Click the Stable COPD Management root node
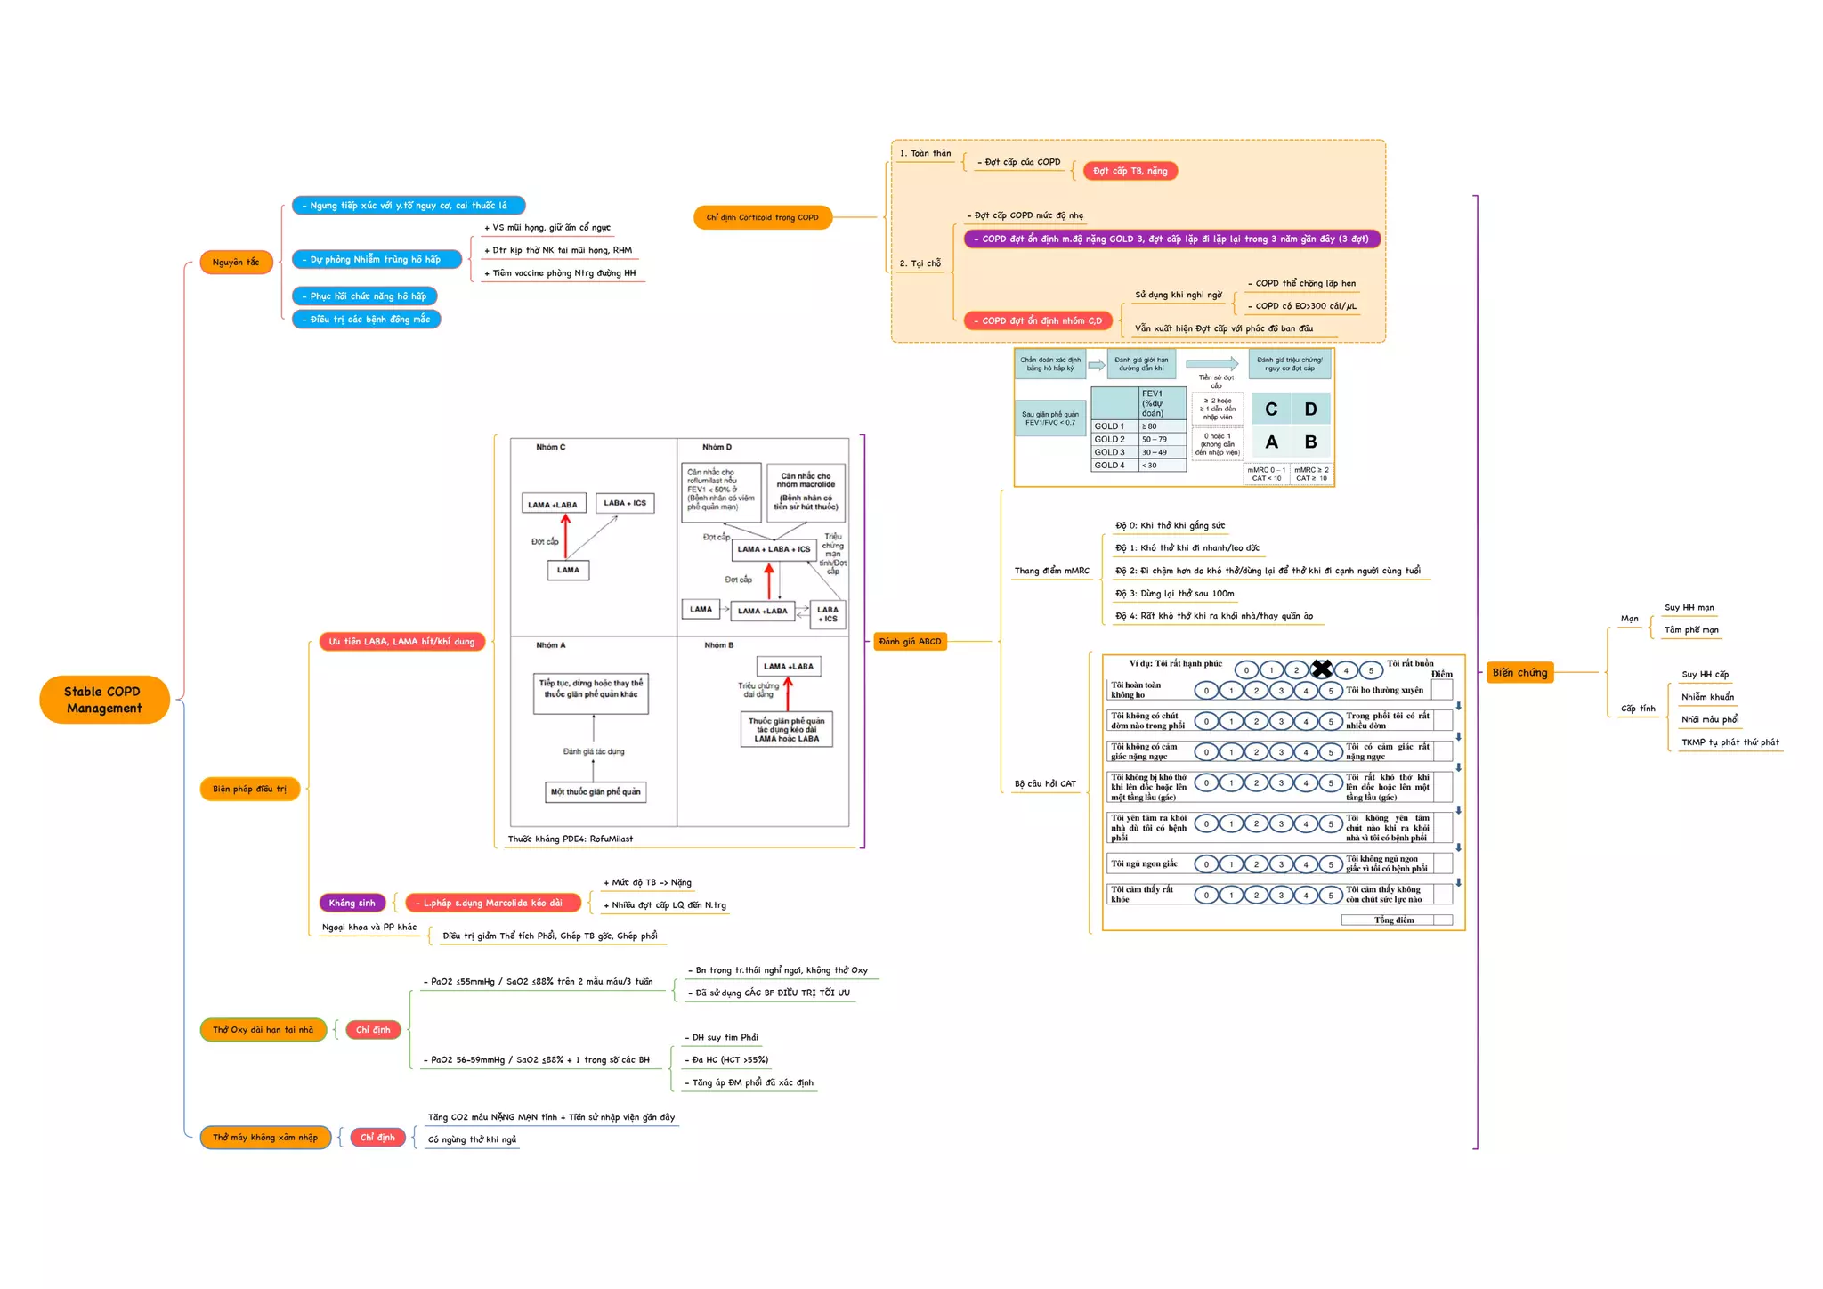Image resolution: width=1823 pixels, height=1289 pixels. tap(103, 700)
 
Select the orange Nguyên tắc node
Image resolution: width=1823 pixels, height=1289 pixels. tap(236, 263)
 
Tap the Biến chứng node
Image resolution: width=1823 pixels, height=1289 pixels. tap(1519, 673)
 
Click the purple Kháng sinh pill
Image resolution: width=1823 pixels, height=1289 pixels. tap(352, 903)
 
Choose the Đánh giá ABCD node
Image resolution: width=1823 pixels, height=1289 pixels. tap(910, 642)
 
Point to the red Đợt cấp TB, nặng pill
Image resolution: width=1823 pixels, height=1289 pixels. tap(1130, 171)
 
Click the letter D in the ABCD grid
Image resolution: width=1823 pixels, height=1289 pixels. tap(1310, 409)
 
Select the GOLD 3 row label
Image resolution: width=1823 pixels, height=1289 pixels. tap(1110, 452)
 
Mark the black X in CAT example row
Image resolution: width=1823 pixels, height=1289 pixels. tap(1322, 669)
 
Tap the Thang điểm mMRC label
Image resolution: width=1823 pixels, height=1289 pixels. tap(1051, 572)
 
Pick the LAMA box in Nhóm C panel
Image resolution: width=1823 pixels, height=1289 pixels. tap(568, 570)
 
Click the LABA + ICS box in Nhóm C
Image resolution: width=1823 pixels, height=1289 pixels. tap(625, 503)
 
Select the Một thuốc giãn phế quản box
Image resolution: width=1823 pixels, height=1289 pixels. tap(595, 792)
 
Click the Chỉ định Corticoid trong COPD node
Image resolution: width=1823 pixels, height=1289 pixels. tap(762, 217)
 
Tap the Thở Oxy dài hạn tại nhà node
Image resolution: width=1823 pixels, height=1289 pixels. tap(263, 1030)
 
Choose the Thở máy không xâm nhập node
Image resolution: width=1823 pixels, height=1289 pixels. tap(264, 1138)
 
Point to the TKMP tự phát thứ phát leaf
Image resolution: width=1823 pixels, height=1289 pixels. tap(1730, 742)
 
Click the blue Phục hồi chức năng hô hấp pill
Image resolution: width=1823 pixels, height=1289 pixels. tap(364, 296)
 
